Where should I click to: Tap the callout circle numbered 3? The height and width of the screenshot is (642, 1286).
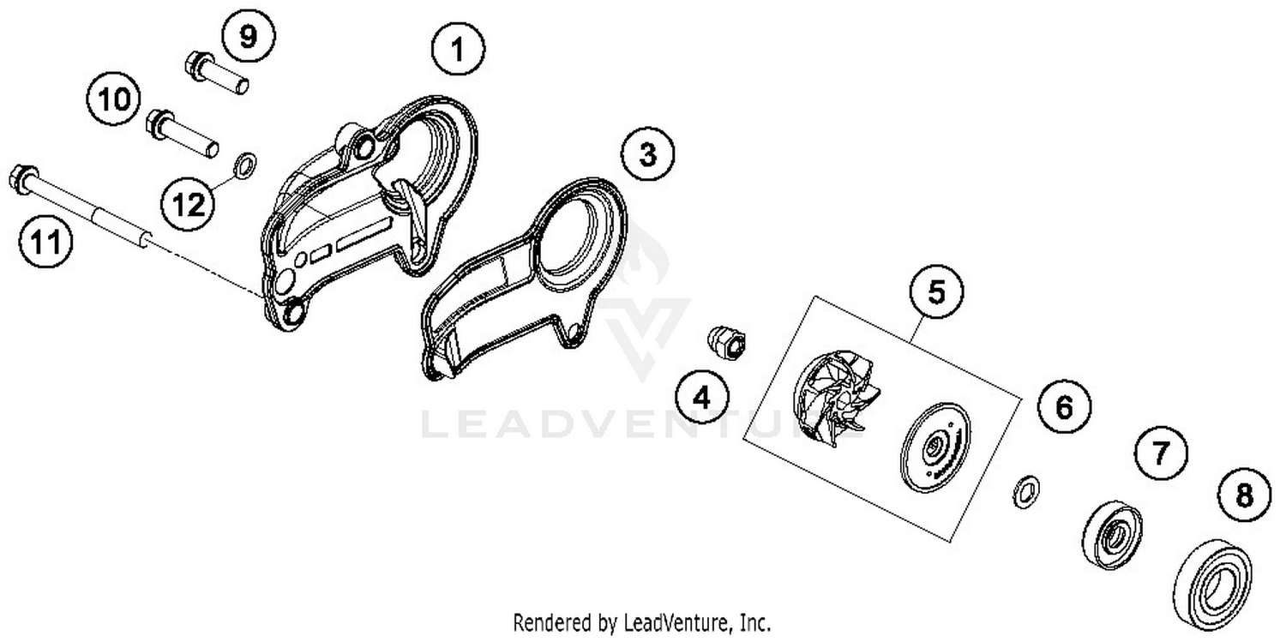coord(647,156)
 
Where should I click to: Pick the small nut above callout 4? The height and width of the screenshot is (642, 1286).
coord(727,342)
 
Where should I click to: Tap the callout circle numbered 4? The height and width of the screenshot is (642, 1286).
coord(701,398)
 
